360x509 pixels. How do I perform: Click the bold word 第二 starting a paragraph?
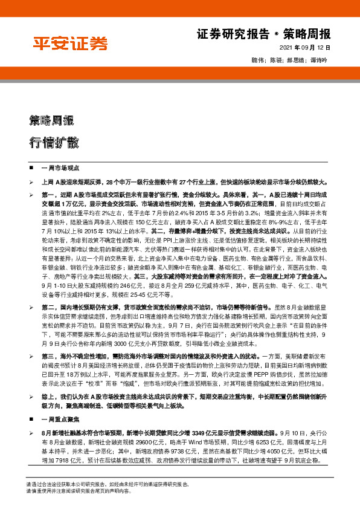click(x=48, y=308)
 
